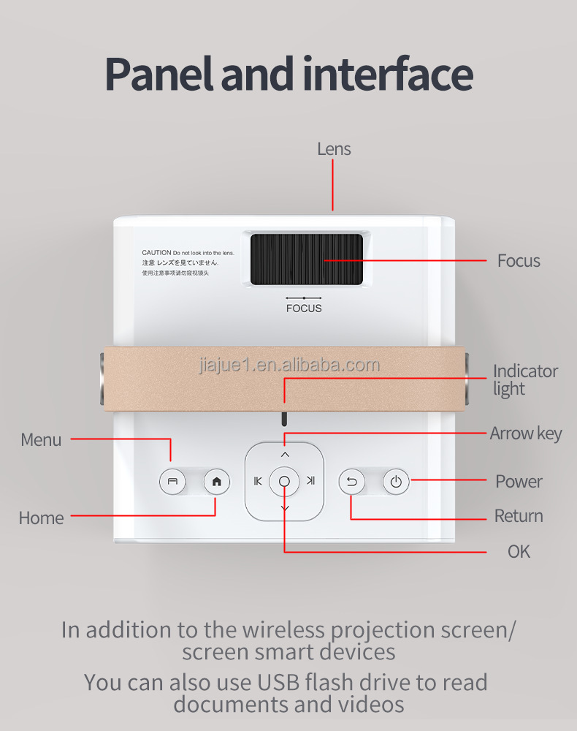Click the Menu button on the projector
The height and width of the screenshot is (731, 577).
coord(172,482)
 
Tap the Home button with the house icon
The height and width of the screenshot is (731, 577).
coord(217,482)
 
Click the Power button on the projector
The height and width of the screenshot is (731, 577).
coord(396,482)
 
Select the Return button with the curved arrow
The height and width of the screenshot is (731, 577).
coord(351,482)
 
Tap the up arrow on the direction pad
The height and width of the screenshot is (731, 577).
coord(285,455)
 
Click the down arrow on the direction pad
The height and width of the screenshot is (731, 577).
coord(285,508)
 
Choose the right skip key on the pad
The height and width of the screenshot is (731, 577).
coord(311,481)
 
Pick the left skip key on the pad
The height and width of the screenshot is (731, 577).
coord(258,481)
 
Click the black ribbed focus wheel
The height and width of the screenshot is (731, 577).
coord(307,260)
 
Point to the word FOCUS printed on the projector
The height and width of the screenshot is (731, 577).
coord(304,308)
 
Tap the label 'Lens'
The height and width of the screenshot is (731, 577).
coord(334,149)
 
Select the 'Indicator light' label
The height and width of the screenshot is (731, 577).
coord(524,380)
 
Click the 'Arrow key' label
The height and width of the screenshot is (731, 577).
coord(526,433)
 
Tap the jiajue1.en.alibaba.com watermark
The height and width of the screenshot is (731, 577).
coord(290,365)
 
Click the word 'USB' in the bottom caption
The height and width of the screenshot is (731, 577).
coord(275,683)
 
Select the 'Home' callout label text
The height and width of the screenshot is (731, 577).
coord(42,518)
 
